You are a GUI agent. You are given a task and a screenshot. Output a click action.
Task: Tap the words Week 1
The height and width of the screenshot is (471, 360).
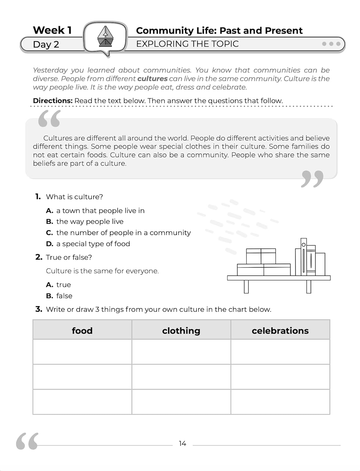coord(52,30)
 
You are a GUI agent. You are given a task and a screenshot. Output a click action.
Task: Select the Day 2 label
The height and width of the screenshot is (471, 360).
coord(46,44)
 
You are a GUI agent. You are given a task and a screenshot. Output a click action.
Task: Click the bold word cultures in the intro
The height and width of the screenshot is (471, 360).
coord(152,78)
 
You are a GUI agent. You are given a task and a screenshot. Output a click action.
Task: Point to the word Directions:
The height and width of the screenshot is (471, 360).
coord(53,101)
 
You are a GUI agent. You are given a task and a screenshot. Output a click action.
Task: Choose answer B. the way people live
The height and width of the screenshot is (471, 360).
coord(85,221)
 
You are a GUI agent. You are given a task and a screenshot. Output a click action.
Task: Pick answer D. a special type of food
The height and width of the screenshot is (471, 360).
coord(88,244)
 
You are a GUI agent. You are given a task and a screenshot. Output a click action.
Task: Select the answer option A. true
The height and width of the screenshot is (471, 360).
coord(58,285)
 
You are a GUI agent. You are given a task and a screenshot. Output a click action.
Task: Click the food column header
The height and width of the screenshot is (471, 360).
coord(82,330)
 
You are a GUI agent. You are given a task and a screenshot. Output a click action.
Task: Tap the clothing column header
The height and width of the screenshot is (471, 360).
coord(181,330)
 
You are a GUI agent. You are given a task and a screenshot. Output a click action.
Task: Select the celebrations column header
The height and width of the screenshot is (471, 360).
coord(280,330)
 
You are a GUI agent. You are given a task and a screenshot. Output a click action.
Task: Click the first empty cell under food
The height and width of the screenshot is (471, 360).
coord(82,352)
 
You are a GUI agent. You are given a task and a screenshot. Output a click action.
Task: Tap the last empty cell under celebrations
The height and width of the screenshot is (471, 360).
coord(280,402)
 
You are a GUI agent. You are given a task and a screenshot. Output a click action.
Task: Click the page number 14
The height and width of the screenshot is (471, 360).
coord(182,443)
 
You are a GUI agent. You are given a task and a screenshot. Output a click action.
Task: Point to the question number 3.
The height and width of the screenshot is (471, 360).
coord(39,309)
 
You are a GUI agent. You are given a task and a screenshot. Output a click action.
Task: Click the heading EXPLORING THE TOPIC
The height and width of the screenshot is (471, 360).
coord(187,44)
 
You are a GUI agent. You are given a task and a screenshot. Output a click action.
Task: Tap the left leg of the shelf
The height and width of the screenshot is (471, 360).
coord(246,286)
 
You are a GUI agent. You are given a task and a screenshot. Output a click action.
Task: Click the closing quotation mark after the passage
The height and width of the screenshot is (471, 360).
coord(312,179)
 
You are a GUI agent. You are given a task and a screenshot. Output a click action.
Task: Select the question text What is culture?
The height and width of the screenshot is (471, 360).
coord(74,197)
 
